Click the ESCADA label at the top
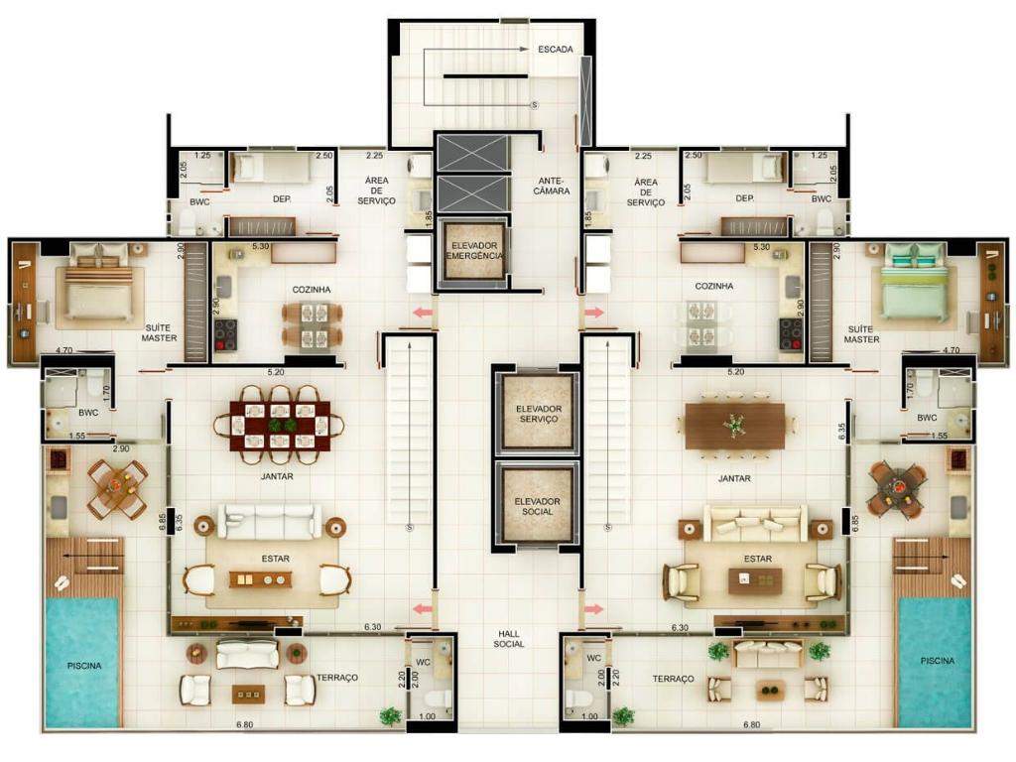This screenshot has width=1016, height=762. click(x=556, y=50)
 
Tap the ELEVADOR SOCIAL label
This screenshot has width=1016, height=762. click(x=537, y=507)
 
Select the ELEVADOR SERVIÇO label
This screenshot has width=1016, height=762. click(x=539, y=414)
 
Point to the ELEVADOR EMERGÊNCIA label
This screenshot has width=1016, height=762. click(x=475, y=251)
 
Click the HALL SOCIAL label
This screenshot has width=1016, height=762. click(x=509, y=639)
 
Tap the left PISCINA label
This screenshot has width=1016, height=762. click(x=84, y=666)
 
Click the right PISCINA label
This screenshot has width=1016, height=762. click(x=938, y=661)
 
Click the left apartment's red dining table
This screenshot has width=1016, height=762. click(x=280, y=426)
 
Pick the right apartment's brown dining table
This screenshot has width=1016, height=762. click(x=735, y=426)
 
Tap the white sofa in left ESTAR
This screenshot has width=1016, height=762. click(x=270, y=522)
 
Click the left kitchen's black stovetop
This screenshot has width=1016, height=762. click(x=225, y=335)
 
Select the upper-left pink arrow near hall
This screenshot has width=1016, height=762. click(x=423, y=313)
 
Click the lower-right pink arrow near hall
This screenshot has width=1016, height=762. click(x=593, y=609)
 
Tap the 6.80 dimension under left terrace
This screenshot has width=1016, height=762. click(x=244, y=725)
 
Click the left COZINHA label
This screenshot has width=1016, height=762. click(x=311, y=290)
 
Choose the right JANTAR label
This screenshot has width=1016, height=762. click(x=734, y=478)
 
